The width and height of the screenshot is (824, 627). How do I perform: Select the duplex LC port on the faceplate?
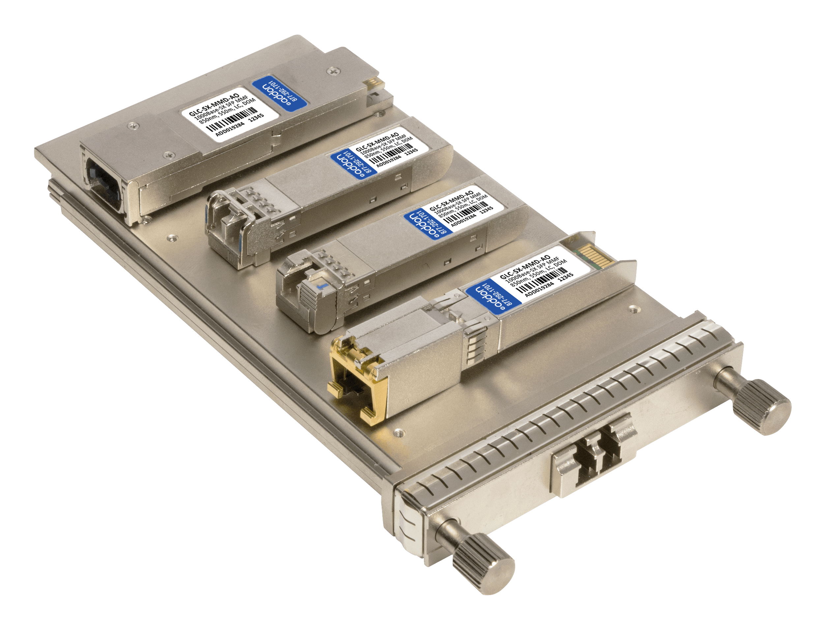point(594,455)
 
